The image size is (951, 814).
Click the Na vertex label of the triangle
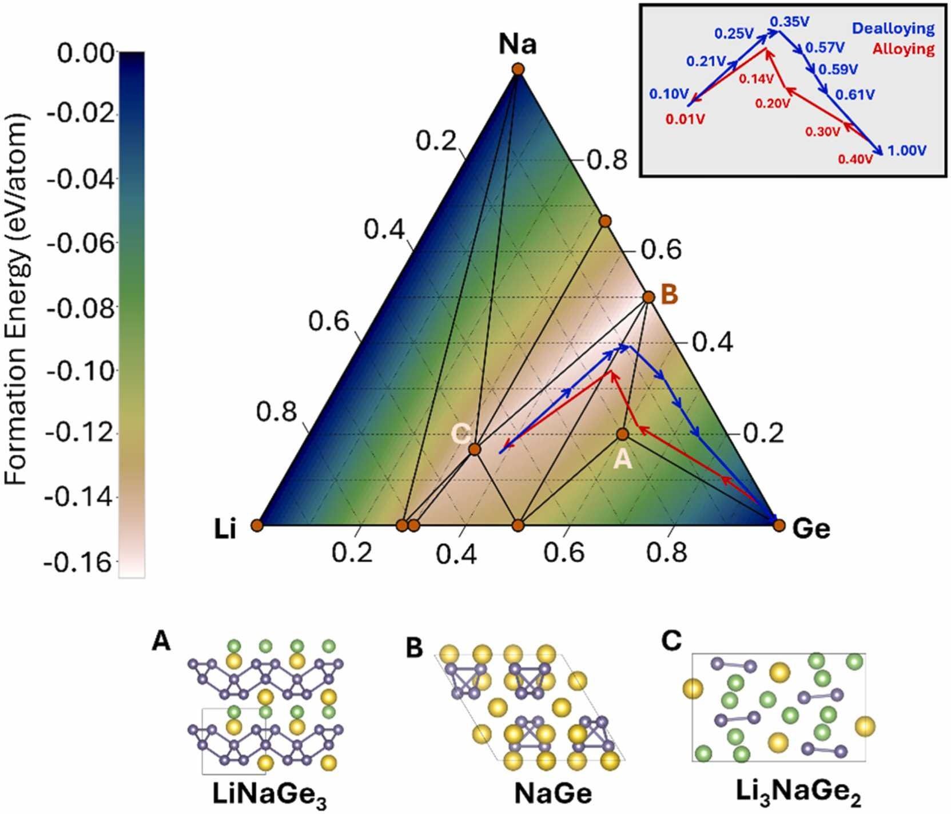tap(518, 44)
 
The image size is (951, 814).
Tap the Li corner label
tap(225, 530)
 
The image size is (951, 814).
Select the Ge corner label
tap(811, 529)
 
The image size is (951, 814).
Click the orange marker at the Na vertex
tap(518, 69)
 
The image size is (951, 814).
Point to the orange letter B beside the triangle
tap(669, 296)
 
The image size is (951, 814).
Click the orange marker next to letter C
tap(474, 449)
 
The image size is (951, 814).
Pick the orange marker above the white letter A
tap(622, 435)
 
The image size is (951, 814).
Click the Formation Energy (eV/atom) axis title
tap(17, 299)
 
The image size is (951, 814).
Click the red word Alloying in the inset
tap(904, 49)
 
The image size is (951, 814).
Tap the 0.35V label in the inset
tap(790, 22)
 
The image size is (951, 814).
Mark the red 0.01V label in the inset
tap(685, 120)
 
